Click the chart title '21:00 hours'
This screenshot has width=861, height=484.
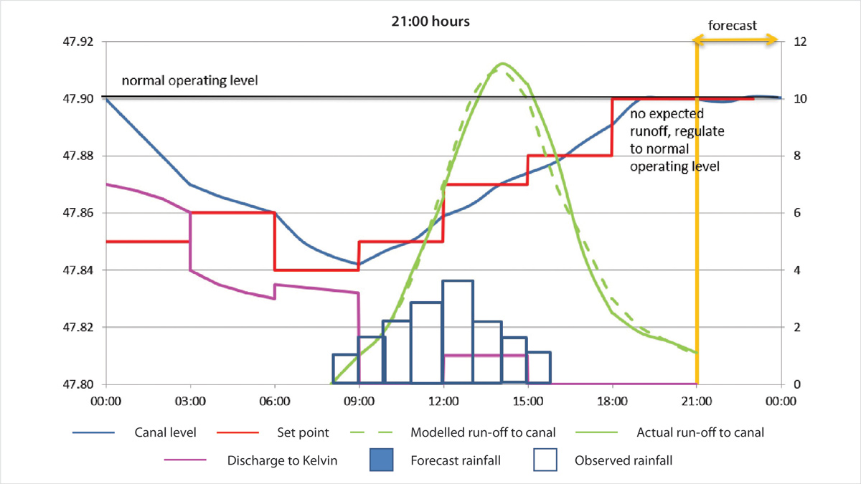tap(430, 22)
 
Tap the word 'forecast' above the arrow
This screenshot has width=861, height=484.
tap(732, 26)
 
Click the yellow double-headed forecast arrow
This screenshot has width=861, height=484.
tap(737, 41)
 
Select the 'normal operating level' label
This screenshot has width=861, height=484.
tap(189, 80)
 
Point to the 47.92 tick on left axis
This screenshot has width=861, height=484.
tap(78, 42)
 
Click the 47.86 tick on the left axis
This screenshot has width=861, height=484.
tap(78, 213)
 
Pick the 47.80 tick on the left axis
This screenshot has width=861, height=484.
tap(78, 384)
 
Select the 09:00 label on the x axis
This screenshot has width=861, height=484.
tap(359, 402)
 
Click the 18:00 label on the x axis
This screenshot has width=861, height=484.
tap(612, 402)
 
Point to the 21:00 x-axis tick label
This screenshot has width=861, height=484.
tap(696, 402)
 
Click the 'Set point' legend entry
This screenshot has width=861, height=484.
tap(303, 433)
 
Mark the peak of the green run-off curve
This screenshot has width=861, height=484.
tap(502, 64)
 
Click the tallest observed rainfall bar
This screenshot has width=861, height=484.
tap(458, 332)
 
